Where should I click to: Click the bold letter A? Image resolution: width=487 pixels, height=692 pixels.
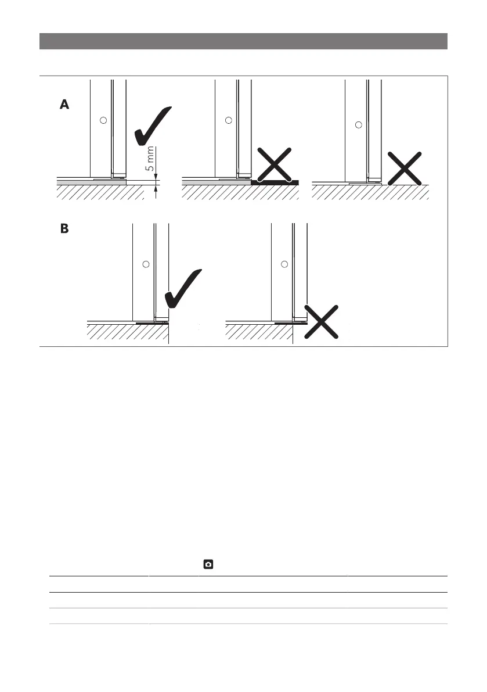coord(64,105)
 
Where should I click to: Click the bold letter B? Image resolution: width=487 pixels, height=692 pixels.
coord(64,230)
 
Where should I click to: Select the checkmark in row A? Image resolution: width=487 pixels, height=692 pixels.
coord(153,126)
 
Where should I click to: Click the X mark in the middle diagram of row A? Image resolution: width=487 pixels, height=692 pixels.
coord(275,163)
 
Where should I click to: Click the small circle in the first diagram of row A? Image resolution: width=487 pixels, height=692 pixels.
coord(103,120)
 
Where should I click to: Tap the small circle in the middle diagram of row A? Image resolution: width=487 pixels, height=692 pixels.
coord(228,120)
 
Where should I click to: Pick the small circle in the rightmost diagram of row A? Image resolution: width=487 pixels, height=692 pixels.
coord(358,125)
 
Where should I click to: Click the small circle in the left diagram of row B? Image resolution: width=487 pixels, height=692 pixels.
coord(146,264)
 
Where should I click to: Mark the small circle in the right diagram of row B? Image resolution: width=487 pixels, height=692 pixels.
coord(284,264)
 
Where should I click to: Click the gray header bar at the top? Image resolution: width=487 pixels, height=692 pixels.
coord(243,41)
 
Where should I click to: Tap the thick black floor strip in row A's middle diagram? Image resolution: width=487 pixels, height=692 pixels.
coord(275,182)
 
